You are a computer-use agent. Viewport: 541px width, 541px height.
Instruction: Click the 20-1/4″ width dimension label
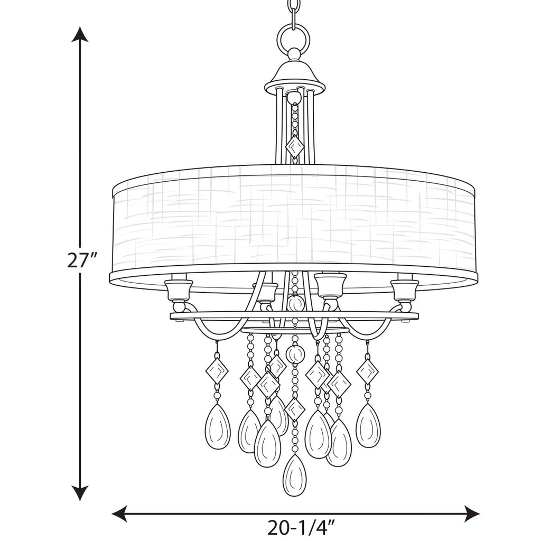pos(302,527)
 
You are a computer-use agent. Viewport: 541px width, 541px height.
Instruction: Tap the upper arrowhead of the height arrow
pos(80,34)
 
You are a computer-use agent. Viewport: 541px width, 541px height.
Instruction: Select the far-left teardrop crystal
pos(217,426)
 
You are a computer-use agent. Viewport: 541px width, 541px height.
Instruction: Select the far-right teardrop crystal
pos(368,425)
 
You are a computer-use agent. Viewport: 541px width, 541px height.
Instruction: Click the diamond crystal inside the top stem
pos(294,146)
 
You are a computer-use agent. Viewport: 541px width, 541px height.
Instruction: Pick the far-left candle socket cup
pos(178,290)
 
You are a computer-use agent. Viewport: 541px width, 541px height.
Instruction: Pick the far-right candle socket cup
pos(405,290)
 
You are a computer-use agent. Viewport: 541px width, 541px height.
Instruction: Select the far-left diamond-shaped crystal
pos(217,371)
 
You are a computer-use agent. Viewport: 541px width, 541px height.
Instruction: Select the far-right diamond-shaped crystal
pos(367,371)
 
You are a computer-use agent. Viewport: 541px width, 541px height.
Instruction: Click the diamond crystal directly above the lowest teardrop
pos(294,409)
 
